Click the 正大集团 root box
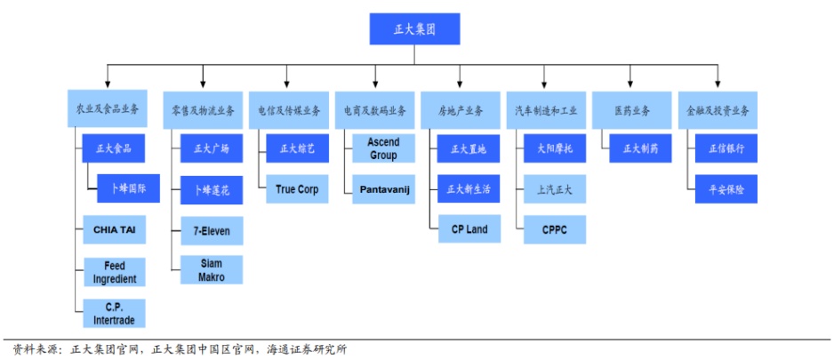pos(414,28)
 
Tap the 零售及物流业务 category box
pos(203,110)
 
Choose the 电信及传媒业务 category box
pos(289,110)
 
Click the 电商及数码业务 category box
pos(375,110)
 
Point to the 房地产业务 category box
pos(461,110)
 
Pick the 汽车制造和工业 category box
pos(547,110)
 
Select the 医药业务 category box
pos(632,110)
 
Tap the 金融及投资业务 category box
pos(718,110)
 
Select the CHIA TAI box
pos(115,230)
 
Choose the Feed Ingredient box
pos(115,272)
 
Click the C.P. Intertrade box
pos(115,312)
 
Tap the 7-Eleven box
pos(212,230)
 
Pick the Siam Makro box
pos(212,270)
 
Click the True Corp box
pos(297,189)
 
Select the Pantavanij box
pos(383,189)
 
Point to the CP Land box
pos(469,229)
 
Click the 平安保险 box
pos(726,189)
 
